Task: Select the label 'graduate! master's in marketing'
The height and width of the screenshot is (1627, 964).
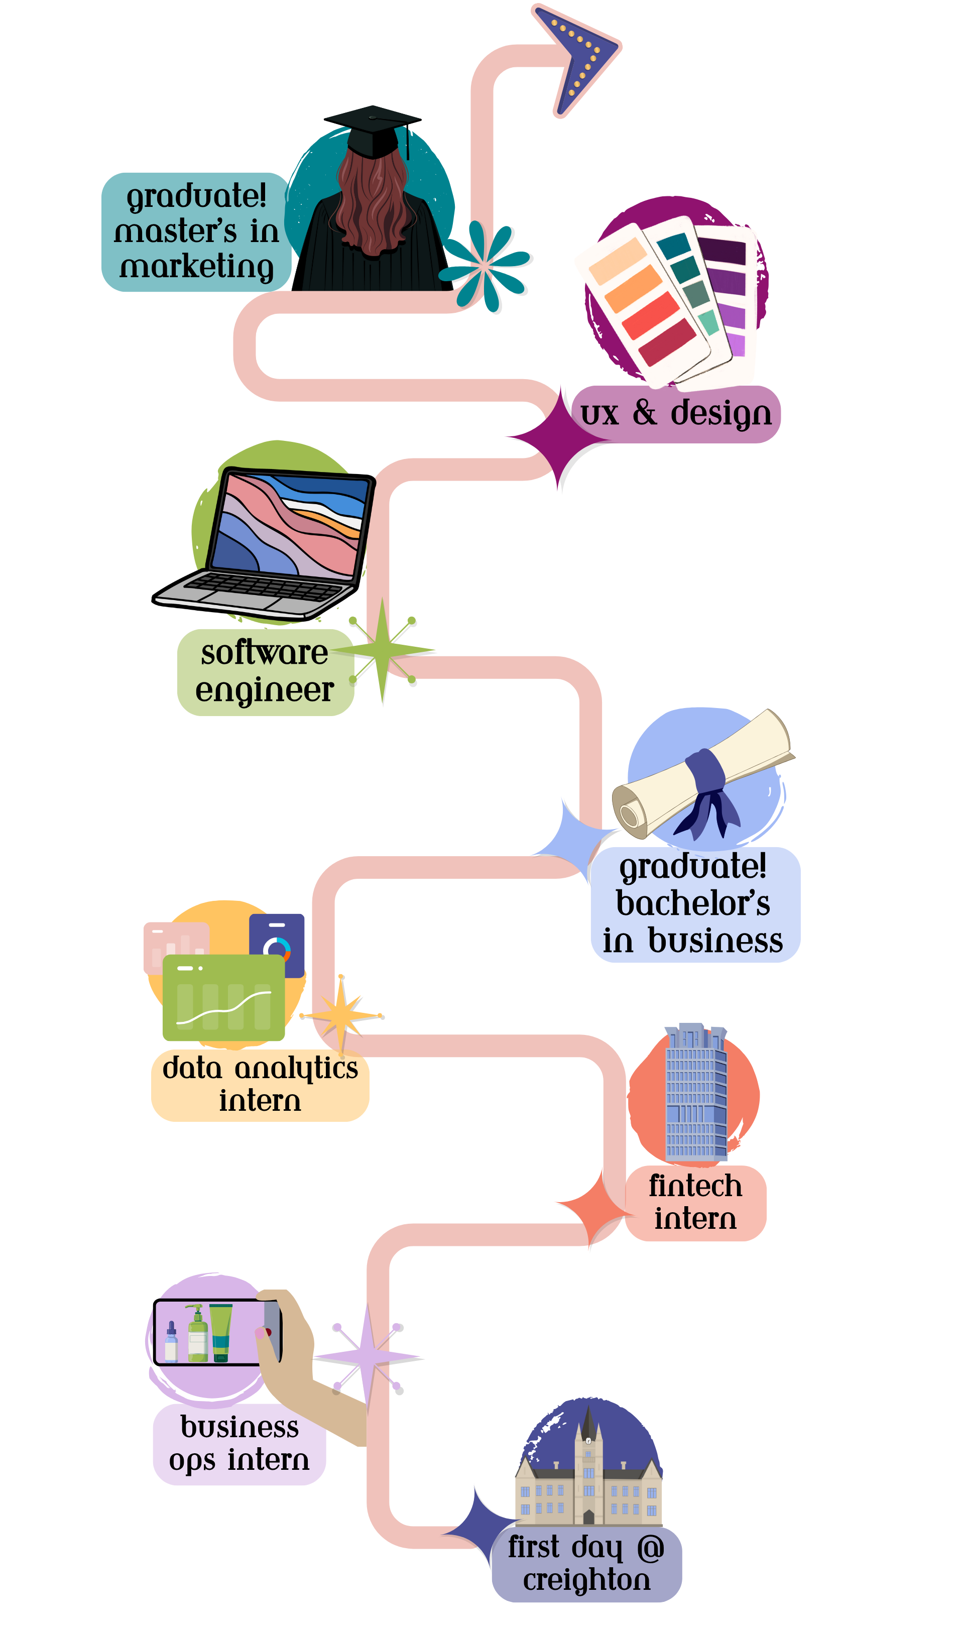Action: coord(196,232)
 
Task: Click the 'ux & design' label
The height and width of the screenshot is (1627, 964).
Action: coord(676,414)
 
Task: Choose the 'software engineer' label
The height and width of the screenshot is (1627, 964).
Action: coord(265,671)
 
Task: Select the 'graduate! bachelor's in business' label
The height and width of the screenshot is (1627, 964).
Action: coord(694,903)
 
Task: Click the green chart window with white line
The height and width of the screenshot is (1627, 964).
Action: coord(223,997)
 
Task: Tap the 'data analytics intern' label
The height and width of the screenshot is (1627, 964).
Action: coord(260,1084)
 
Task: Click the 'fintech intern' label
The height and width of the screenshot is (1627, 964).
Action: coord(695,1202)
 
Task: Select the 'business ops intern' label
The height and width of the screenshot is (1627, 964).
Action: coord(239,1443)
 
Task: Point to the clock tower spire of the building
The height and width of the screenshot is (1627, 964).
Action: coord(588,1425)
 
